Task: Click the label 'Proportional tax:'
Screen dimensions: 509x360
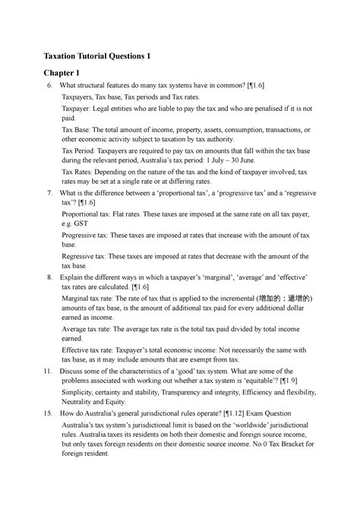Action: tap(90, 215)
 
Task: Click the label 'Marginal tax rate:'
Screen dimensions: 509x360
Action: tap(92, 298)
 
